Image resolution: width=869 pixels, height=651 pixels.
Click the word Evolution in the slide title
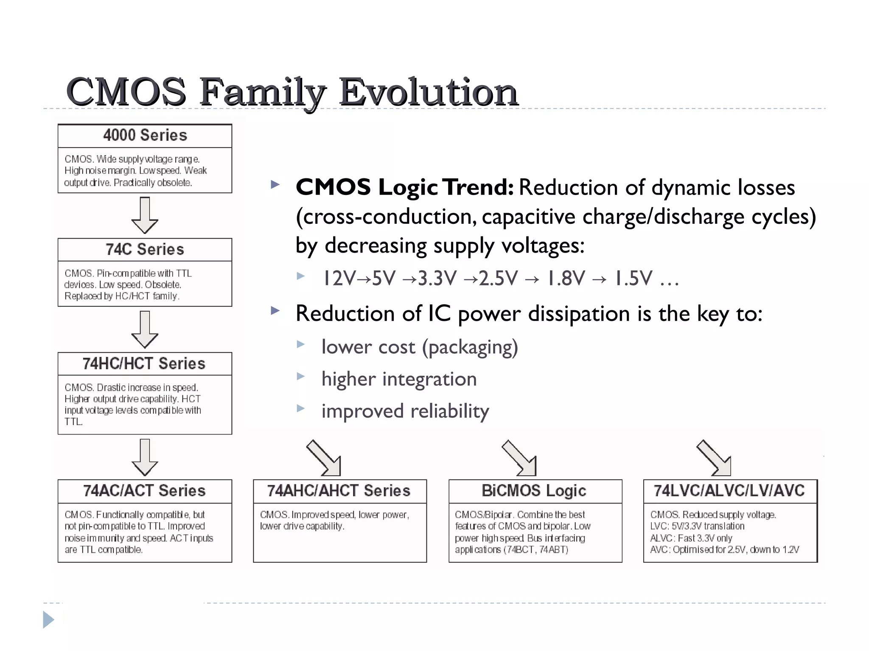pyautogui.click(x=429, y=92)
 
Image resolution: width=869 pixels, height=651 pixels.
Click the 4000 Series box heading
pyautogui.click(x=145, y=135)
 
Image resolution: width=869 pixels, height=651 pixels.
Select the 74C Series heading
pyautogui.click(x=145, y=249)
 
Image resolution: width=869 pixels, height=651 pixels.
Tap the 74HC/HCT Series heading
pyautogui.click(x=144, y=364)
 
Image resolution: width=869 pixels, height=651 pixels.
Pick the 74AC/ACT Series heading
pyautogui.click(x=144, y=491)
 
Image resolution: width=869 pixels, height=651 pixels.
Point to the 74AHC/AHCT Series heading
pyautogui.click(x=339, y=491)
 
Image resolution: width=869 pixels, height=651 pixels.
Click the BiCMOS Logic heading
pyautogui.click(x=534, y=491)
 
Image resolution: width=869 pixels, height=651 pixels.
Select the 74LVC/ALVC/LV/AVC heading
pyautogui.click(x=729, y=491)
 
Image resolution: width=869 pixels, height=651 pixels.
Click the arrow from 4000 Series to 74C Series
pyautogui.click(x=145, y=215)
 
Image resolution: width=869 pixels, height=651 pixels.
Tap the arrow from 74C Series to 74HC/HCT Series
pyautogui.click(x=145, y=329)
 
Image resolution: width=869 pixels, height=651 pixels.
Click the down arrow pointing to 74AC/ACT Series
pyautogui.click(x=145, y=457)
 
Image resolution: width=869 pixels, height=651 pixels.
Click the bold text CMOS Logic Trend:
pyautogui.click(x=404, y=187)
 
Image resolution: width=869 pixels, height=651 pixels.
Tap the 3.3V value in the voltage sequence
pyautogui.click(x=437, y=278)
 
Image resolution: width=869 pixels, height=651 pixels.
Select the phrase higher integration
pyautogui.click(x=399, y=378)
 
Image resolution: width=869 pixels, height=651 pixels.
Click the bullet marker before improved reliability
pyautogui.click(x=301, y=409)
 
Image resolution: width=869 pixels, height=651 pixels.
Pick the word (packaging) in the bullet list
pyautogui.click(x=470, y=347)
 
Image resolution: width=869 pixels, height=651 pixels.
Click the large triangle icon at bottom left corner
pyautogui.click(x=48, y=620)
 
